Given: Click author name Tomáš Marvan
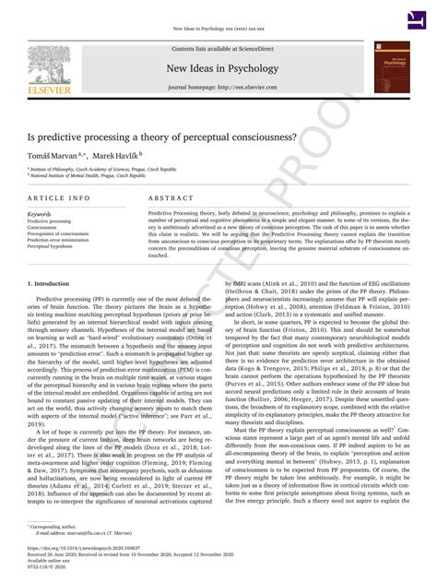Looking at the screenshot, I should (x=52, y=158).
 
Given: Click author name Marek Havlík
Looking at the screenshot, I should (x=116, y=158).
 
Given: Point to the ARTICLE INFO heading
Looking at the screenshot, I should (x=59, y=198).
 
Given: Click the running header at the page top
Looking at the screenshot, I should (x=218, y=28).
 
